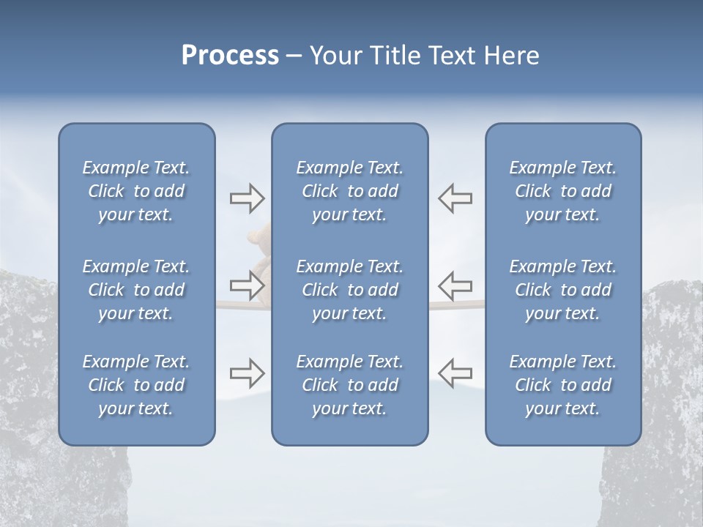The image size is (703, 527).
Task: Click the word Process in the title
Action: (230, 56)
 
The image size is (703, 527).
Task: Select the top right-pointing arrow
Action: (248, 198)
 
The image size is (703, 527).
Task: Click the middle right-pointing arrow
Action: (248, 285)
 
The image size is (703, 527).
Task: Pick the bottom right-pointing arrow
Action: (248, 373)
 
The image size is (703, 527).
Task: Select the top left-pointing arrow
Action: (455, 198)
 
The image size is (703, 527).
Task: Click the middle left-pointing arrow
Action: (455, 285)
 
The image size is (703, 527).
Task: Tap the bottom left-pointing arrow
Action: (455, 373)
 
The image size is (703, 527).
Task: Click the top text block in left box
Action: (136, 191)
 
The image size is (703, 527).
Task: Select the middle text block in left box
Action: (136, 290)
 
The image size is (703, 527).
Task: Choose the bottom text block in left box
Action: (136, 385)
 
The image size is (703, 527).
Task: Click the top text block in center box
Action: (349, 191)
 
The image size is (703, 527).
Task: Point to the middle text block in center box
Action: (349, 290)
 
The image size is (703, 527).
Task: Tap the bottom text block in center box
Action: (349, 385)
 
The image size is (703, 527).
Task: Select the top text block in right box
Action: (562, 191)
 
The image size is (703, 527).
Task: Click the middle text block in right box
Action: (562, 290)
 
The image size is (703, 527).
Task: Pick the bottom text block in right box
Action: (562, 385)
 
